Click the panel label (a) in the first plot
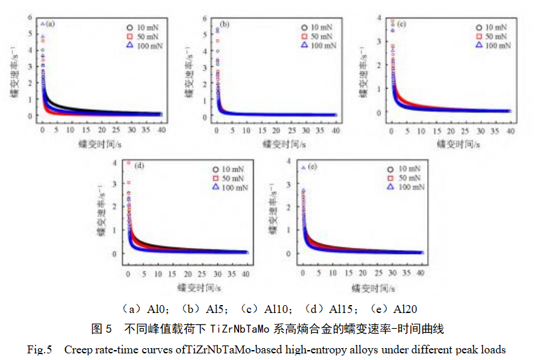pyautogui.click(x=50, y=24)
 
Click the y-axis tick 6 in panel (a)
pyautogui.click(x=30, y=16)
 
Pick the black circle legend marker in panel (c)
pyautogui.click(x=477, y=27)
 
